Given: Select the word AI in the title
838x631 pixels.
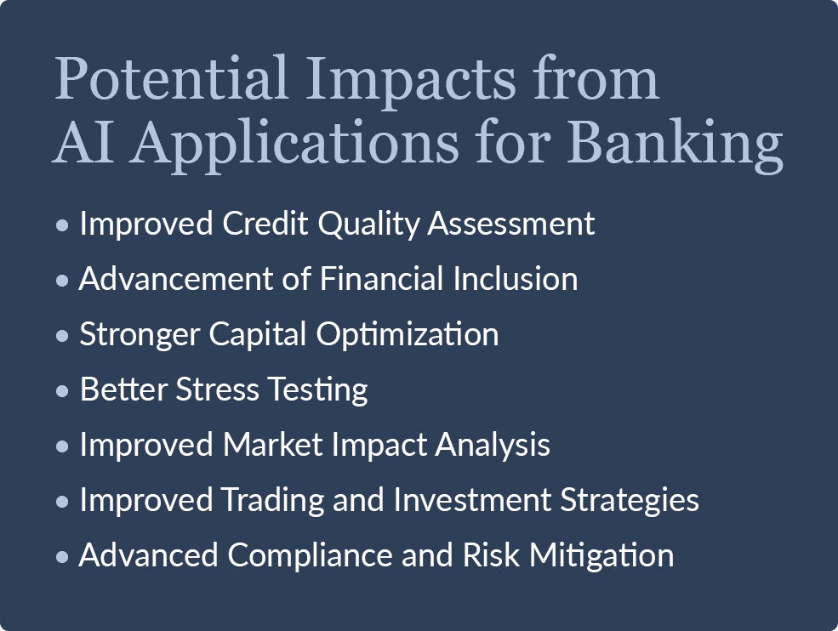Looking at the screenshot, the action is [83, 140].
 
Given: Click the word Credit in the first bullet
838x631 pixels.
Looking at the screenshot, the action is [265, 223].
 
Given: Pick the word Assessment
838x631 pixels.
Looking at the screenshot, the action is [511, 224].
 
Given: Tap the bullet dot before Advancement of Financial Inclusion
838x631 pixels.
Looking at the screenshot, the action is [62, 280].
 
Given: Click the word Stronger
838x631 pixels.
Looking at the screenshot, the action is [140, 335].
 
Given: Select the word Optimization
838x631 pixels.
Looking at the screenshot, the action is [408, 335].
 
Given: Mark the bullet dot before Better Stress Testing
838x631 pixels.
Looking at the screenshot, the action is [62, 390].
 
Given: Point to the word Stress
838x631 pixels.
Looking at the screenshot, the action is [218, 389].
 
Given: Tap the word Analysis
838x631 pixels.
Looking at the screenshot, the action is [493, 446].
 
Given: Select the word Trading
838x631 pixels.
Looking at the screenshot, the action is [273, 500].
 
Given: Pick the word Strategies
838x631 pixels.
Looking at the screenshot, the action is [630, 500].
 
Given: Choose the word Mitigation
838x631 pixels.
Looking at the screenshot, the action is [601, 555].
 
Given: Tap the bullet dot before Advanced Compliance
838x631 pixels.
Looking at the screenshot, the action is [62, 557].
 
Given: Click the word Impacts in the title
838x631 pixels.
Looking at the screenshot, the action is [411, 82].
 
